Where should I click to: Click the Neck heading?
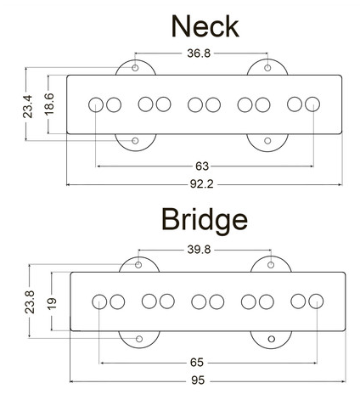click(x=205, y=26)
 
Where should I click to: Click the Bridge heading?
click(x=205, y=220)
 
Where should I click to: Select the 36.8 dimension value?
click(x=199, y=53)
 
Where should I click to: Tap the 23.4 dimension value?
click(x=28, y=106)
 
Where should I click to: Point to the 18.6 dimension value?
click(x=49, y=104)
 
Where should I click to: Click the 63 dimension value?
click(x=202, y=166)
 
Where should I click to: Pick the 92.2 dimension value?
click(x=201, y=184)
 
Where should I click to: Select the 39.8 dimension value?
click(x=199, y=250)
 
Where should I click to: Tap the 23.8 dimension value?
click(x=30, y=301)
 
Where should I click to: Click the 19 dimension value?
click(x=52, y=303)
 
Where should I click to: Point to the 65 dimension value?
click(x=197, y=363)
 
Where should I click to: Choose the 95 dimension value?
click(x=197, y=380)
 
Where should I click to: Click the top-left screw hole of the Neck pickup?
click(x=135, y=68)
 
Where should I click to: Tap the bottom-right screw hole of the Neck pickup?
click(x=267, y=141)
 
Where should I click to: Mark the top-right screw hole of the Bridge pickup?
click(x=271, y=265)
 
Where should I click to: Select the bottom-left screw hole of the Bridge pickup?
click(x=139, y=339)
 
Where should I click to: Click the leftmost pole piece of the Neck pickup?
click(x=96, y=104)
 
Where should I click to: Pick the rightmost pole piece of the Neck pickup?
click(x=312, y=104)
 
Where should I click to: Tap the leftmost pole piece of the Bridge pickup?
click(x=99, y=301)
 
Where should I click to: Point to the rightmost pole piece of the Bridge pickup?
click(x=316, y=301)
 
